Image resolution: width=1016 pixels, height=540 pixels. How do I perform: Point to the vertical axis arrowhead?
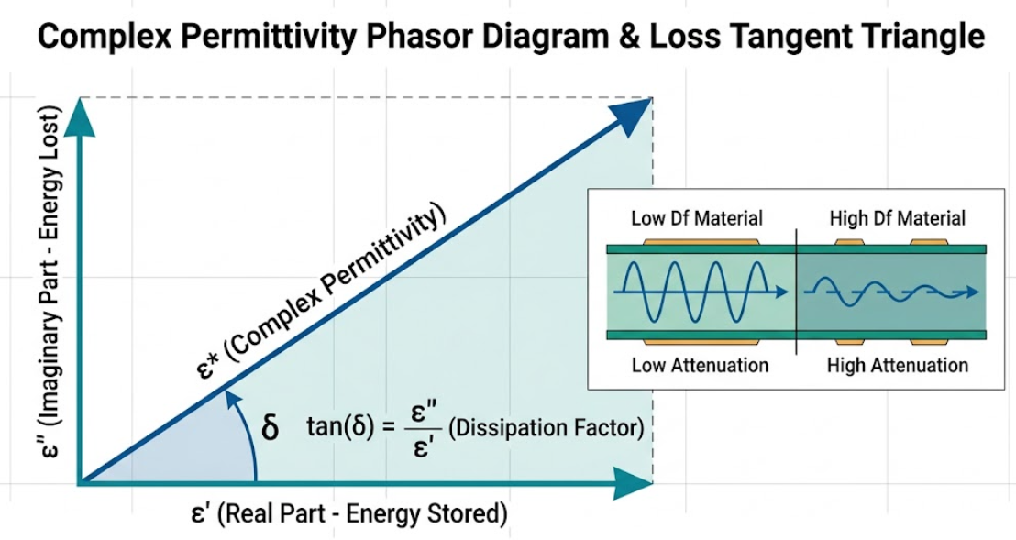tap(80, 117)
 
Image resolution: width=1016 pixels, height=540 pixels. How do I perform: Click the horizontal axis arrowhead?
tap(633, 484)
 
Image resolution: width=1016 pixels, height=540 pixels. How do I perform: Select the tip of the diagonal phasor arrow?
tap(650, 98)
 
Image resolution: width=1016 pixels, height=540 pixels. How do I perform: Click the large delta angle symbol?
tap(270, 427)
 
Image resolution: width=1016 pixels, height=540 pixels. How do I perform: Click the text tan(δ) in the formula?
tap(341, 428)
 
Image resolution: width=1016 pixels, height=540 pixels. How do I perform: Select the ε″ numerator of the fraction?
tap(422, 413)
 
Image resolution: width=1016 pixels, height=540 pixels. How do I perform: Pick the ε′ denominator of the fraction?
tap(423, 446)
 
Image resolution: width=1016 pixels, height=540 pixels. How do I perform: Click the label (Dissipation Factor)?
tap(546, 428)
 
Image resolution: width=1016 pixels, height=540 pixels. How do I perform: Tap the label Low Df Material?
tap(697, 218)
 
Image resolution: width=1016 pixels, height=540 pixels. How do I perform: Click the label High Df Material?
tap(898, 218)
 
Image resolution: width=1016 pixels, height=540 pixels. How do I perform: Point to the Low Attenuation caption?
tap(700, 365)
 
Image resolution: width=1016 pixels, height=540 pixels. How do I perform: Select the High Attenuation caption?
tap(898, 365)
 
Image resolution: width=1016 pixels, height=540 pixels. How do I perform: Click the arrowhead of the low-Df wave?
tap(781, 292)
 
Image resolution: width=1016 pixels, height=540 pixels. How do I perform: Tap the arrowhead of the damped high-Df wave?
tap(971, 292)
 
